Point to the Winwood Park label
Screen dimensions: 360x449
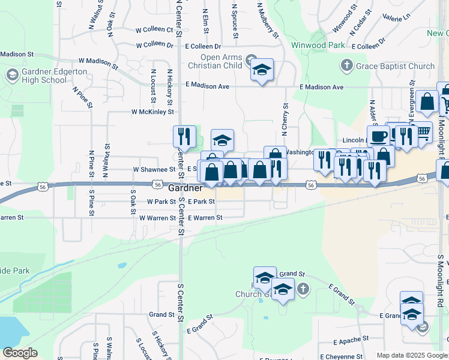(x=318, y=45)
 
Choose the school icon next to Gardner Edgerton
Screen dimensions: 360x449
(x=12, y=75)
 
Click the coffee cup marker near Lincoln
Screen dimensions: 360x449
(x=378, y=136)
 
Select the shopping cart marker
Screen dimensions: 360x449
(x=423, y=131)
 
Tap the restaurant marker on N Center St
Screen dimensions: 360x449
(x=184, y=136)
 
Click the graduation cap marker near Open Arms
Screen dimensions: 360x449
(x=262, y=70)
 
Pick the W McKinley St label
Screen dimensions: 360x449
(x=152, y=112)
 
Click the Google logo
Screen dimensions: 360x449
(x=20, y=353)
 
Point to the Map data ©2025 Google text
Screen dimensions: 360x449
(x=411, y=355)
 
